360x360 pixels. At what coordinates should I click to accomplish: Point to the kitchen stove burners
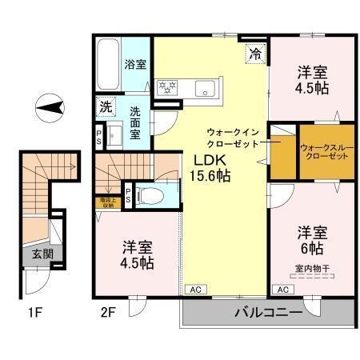click(x=167, y=88)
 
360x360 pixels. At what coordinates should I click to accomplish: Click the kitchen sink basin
click(x=202, y=89)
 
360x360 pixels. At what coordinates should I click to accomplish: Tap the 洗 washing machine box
click(x=105, y=105)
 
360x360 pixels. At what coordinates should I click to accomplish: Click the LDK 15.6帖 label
click(x=210, y=165)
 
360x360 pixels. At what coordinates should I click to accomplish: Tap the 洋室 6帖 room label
click(x=313, y=239)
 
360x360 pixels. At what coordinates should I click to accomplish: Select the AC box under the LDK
click(x=195, y=290)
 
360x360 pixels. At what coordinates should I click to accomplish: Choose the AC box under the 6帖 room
click(x=282, y=290)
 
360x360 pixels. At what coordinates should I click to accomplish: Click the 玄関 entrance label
click(x=42, y=255)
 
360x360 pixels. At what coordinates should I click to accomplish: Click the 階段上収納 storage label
click(x=106, y=202)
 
